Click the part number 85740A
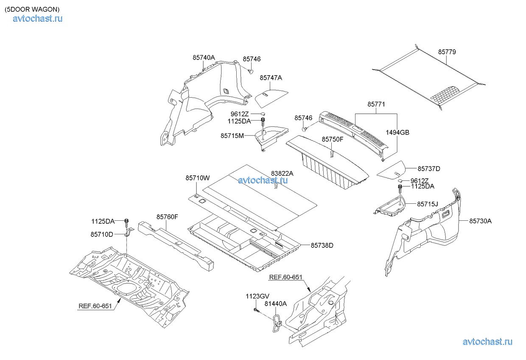[204, 57]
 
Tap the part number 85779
[447, 52]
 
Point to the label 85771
[376, 104]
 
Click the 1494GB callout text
[397, 132]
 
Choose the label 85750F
[333, 139]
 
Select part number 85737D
[429, 169]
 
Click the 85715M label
[232, 135]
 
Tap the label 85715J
[428, 204]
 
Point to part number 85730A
[481, 221]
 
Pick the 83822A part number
[282, 173]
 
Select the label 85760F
[167, 217]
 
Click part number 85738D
[322, 245]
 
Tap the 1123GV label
[257, 296]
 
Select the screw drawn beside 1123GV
[256, 311]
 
